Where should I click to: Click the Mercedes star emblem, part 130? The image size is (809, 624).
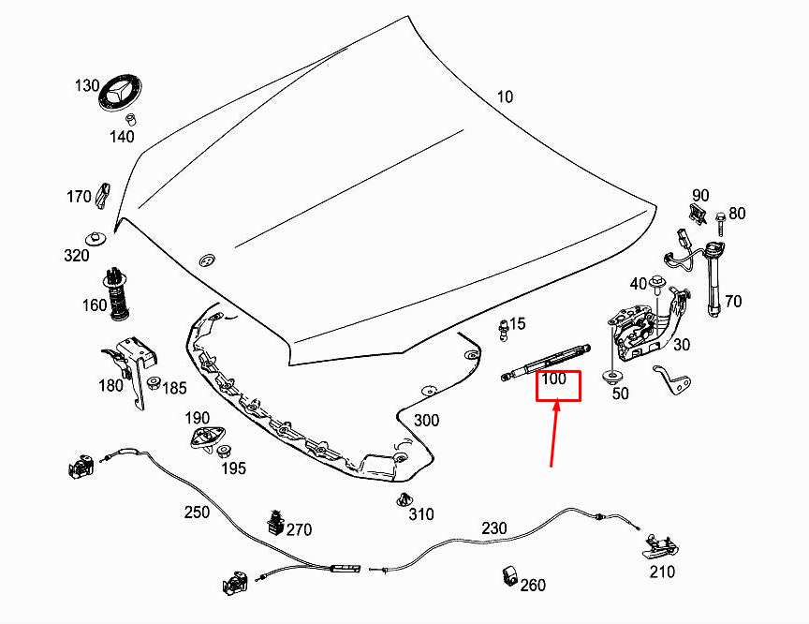120,94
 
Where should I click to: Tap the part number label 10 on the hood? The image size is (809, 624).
505,97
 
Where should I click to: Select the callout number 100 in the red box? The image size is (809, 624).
553,379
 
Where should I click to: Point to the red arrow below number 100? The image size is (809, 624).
554,434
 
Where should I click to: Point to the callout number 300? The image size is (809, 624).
426,420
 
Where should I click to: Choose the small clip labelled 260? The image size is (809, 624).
510,576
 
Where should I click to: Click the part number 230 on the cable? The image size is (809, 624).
493,528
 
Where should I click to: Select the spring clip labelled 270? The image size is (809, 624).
276,524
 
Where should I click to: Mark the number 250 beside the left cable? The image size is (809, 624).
197,512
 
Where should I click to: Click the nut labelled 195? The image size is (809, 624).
224,452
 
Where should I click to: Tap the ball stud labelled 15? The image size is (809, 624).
503,331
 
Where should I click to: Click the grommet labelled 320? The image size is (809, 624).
96,239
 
